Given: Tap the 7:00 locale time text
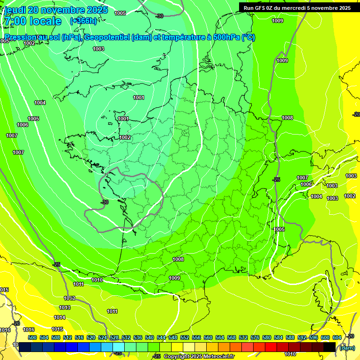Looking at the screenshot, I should [x=32, y=21].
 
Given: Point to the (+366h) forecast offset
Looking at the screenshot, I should [x=83, y=21].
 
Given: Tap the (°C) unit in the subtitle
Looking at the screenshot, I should [x=248, y=37].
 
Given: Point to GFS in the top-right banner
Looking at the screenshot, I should [x=261, y=8].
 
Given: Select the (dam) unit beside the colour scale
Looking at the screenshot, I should [x=347, y=347].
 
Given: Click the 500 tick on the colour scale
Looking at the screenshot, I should [x=32, y=337].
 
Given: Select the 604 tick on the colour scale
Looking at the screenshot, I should [x=337, y=337].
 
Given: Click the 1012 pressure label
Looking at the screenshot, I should [x=69, y=298].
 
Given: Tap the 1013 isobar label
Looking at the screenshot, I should [x=65, y=307].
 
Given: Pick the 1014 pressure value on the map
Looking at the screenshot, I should [x=60, y=317].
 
